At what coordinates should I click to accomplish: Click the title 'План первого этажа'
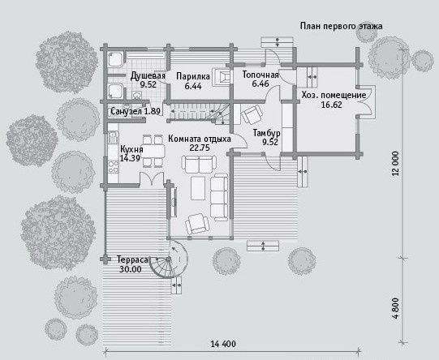pos(342,27)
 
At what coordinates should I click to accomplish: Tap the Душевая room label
pos(148,75)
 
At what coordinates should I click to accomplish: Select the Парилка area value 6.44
pos(193,86)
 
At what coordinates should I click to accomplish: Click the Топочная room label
pos(260,75)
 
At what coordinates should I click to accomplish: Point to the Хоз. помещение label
pos(334,95)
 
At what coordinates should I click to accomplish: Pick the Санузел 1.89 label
pos(136,111)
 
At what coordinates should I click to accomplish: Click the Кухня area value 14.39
pos(130,158)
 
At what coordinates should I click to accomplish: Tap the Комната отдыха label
pos(200,139)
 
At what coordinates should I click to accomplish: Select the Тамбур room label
pos(266,133)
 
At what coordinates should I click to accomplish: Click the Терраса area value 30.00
pos(131,269)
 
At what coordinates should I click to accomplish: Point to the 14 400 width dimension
pos(223,344)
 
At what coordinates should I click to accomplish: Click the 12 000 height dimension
pos(395,164)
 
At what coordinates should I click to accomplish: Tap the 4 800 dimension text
pos(395,309)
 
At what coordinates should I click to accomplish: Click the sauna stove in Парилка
pos(222,77)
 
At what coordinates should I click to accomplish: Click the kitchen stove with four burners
pos(114,166)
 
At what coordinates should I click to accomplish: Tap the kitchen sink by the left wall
pos(113,137)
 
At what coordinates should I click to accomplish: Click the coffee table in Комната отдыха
pos(198,188)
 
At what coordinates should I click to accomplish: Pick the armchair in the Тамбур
pos(252,114)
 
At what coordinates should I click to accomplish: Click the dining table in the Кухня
pos(153,151)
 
